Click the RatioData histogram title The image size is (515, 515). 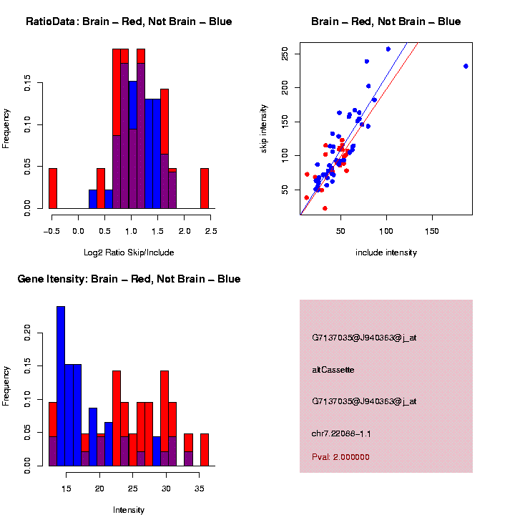pyautogui.click(x=129, y=21)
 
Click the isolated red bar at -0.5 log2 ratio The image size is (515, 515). pyautogui.click(x=52, y=189)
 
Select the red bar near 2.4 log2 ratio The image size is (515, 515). pyautogui.click(x=205, y=189)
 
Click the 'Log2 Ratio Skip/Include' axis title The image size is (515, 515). pyautogui.click(x=129, y=252)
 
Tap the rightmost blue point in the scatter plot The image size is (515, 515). pyautogui.click(x=466, y=66)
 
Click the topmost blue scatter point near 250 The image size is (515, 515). pyautogui.click(x=388, y=49)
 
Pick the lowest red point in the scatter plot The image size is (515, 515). pyautogui.click(x=325, y=208)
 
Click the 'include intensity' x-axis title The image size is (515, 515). pyautogui.click(x=386, y=252)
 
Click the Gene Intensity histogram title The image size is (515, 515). pyautogui.click(x=129, y=279)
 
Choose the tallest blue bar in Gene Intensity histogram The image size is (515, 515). pyautogui.click(x=61, y=386)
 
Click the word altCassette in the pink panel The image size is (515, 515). pyautogui.click(x=333, y=370)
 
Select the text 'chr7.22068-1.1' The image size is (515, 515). pyautogui.click(x=341, y=433)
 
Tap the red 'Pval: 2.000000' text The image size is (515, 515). pyautogui.click(x=340, y=456)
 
